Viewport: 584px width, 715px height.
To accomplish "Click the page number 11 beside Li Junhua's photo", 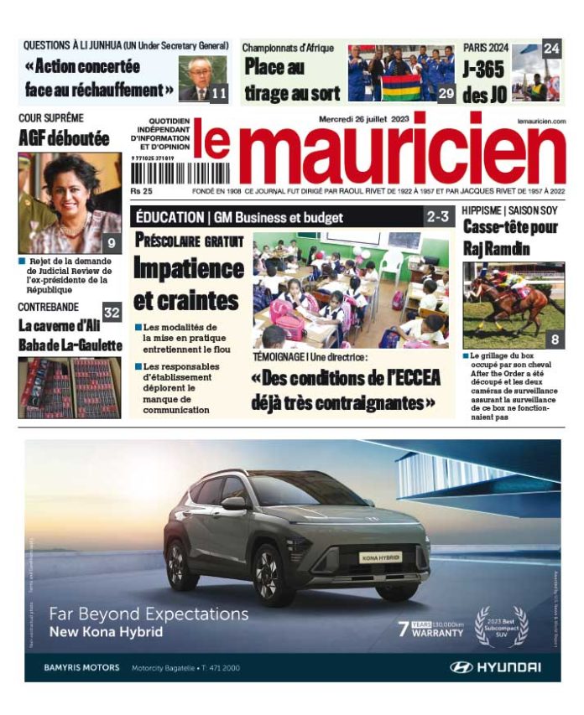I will [218, 94].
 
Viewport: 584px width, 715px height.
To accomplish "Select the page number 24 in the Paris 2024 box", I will [550, 49].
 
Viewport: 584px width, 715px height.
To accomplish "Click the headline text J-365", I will [484, 70].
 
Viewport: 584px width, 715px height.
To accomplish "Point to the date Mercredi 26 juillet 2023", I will [362, 119].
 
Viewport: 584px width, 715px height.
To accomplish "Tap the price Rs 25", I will [141, 191].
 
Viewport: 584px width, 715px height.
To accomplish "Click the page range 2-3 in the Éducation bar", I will [438, 217].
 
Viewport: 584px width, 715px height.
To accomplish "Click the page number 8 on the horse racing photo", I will [555, 339].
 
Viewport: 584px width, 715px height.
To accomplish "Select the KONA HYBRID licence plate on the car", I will [380, 557].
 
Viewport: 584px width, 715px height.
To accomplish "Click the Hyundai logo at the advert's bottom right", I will [495, 667].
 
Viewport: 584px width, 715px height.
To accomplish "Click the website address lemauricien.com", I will [541, 122].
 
